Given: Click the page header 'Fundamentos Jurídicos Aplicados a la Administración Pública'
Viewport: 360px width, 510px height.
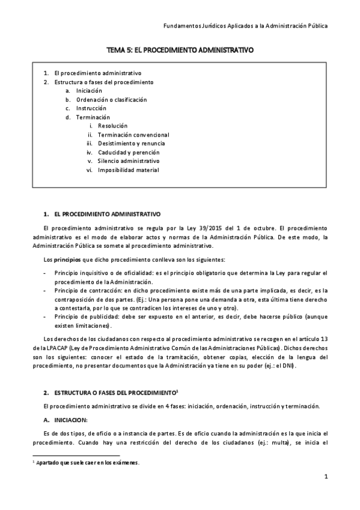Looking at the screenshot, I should point(246,26).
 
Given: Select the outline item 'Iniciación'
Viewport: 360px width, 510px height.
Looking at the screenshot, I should point(89,91).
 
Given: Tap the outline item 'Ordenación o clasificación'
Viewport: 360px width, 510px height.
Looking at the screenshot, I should point(111,100).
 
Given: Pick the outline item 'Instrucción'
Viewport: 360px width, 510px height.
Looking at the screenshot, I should point(91,108).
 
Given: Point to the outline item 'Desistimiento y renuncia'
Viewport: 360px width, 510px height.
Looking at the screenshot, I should point(131,144).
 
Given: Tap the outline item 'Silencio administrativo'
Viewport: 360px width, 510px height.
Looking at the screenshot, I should point(129,161).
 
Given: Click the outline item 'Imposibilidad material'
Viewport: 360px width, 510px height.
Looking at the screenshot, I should point(128,170).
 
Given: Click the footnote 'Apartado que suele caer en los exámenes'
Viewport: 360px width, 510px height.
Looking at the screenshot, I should point(87,462).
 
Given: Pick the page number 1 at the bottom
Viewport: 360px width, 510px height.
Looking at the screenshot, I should point(325,478).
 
